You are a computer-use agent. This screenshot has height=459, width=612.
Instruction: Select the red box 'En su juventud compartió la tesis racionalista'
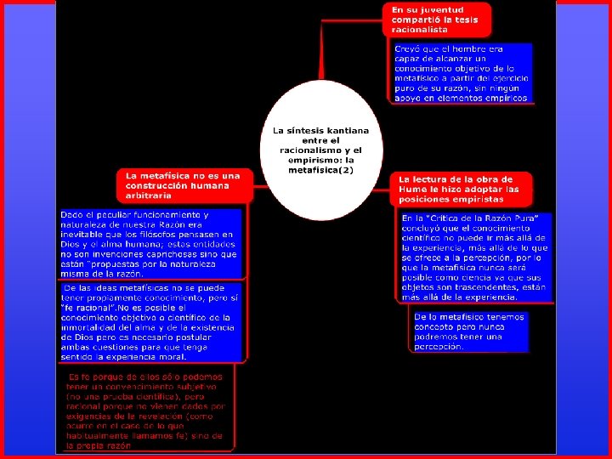click(x=434, y=19)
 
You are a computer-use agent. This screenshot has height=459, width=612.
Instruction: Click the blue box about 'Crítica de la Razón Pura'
click(x=475, y=257)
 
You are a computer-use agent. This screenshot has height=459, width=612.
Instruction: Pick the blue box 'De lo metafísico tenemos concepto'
click(x=469, y=331)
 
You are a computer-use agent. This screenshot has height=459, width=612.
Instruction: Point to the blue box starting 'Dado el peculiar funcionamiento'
click(x=150, y=243)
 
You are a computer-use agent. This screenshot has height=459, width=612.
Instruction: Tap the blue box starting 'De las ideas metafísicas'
click(x=150, y=321)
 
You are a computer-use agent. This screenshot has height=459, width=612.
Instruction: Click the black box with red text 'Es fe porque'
click(x=146, y=411)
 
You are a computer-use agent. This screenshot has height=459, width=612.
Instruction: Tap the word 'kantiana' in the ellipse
click(x=348, y=131)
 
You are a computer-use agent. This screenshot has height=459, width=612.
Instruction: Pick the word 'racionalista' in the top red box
click(x=420, y=30)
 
